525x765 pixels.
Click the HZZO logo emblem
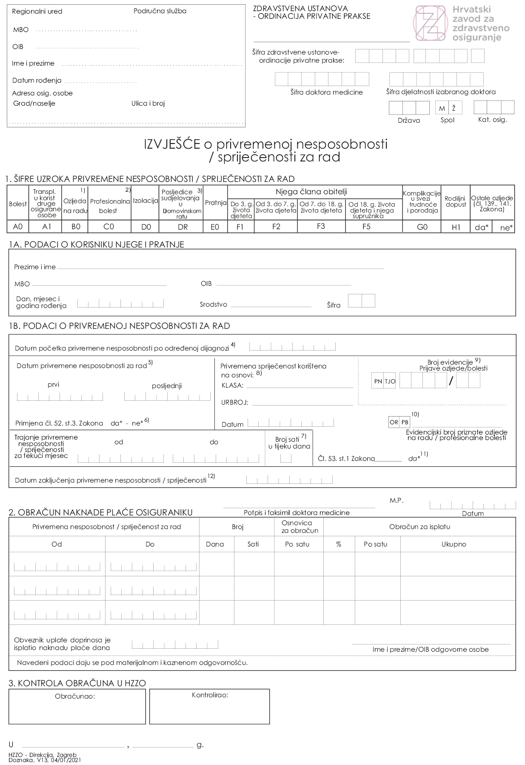pyautogui.click(x=430, y=23)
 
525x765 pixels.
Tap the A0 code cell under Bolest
pyautogui.click(x=17, y=227)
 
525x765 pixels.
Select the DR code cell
pyautogui.click(x=183, y=227)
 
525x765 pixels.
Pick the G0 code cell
pyautogui.click(x=422, y=227)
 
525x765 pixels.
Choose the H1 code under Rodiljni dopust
pyautogui.click(x=456, y=227)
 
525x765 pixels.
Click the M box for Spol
pyautogui.click(x=442, y=108)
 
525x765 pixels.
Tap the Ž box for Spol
pyautogui.click(x=454, y=108)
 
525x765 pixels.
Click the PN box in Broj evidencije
pyautogui.click(x=378, y=381)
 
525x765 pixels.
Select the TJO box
pyautogui.click(x=390, y=381)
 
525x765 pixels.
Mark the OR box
pyautogui.click(x=394, y=422)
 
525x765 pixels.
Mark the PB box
pyautogui.click(x=405, y=422)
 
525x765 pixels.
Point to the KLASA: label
pyautogui.click(x=232, y=385)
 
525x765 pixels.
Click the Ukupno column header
pyautogui.click(x=454, y=544)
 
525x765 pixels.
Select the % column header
pyautogui.click(x=339, y=544)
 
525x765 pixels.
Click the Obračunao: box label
pyautogui.click(x=74, y=696)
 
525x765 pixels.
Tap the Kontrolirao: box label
pyautogui.click(x=210, y=695)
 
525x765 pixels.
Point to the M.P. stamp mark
pyautogui.click(x=396, y=500)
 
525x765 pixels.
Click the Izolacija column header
pyautogui.click(x=146, y=201)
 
